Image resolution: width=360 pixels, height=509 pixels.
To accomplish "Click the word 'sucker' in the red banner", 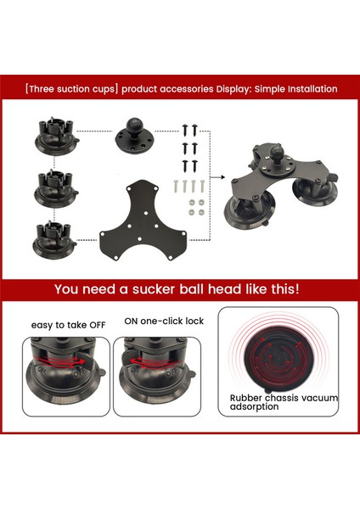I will point(151,288).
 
